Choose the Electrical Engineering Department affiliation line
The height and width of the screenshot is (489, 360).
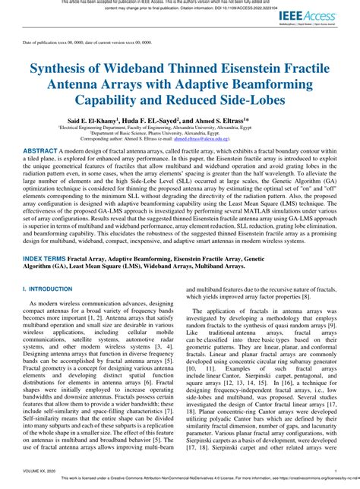[179, 128]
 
